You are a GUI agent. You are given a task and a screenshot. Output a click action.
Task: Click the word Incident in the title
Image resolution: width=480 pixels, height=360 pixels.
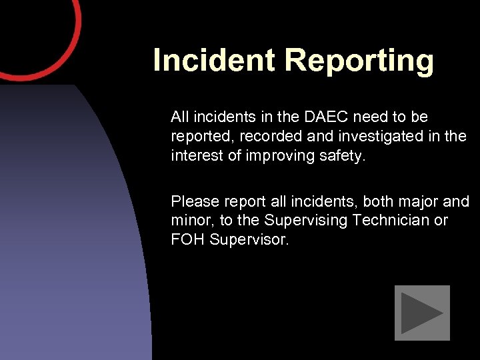coord(214,60)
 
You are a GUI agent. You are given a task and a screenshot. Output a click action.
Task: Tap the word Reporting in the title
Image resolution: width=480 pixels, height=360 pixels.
coord(359,61)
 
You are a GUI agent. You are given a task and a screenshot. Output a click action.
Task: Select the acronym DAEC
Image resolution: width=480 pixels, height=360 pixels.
coord(325,117)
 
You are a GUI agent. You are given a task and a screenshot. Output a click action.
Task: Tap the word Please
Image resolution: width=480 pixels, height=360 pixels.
coord(193,201)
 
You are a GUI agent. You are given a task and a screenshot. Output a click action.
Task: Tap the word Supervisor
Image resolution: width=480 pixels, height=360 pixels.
coord(249,239)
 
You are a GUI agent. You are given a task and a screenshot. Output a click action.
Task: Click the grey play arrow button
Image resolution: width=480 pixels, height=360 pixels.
coord(422,313)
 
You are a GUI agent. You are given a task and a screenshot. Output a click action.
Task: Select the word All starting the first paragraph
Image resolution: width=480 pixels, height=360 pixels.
coord(179,117)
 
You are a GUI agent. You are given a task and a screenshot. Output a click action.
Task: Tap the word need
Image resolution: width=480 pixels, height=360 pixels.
coord(370,117)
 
